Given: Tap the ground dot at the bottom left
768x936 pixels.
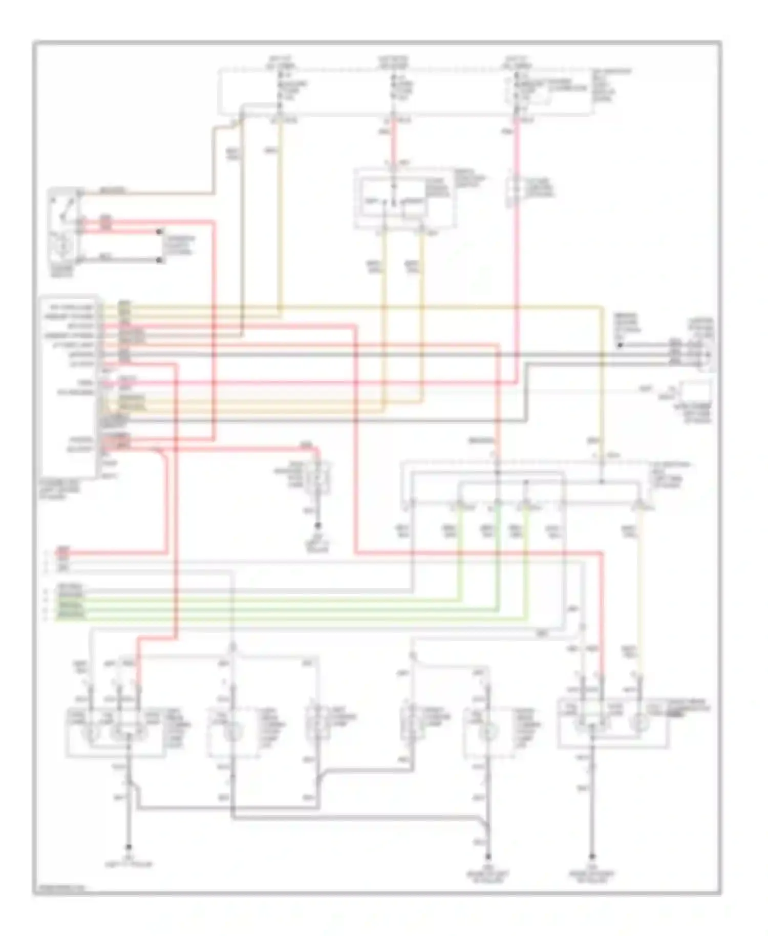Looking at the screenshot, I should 129,848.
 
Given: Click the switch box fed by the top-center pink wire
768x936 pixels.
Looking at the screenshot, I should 404,197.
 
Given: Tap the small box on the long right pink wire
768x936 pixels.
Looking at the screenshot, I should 514,192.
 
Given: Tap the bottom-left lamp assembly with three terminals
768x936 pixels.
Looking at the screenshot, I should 116,732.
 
